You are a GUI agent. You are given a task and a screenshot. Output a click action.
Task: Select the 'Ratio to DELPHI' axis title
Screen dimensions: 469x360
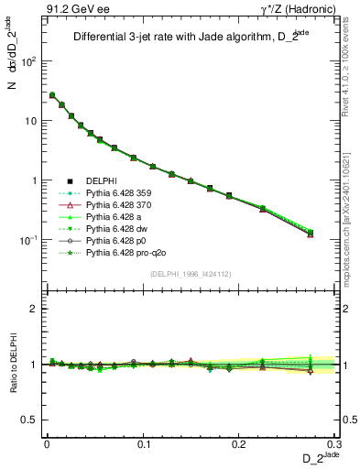(13, 365)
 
